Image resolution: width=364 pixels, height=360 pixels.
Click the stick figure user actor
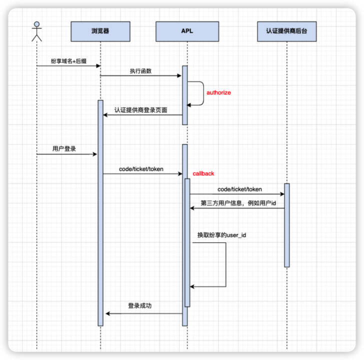pyautogui.click(x=36, y=31)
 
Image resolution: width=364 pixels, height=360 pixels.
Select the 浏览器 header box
pyautogui.click(x=100, y=31)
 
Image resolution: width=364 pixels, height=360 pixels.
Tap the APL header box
pyautogui.click(x=187, y=31)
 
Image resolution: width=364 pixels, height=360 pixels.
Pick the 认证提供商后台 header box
pyautogui.click(x=287, y=31)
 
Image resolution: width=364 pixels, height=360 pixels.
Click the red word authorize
pyautogui.click(x=218, y=92)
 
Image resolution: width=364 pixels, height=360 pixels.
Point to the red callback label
pyautogui.click(x=203, y=173)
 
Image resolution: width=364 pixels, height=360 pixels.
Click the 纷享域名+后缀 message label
pyautogui.click(x=68, y=60)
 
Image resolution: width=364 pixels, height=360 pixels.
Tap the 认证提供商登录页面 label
pyautogui.click(x=141, y=110)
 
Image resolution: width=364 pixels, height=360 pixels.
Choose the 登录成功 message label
pyautogui.click(x=139, y=305)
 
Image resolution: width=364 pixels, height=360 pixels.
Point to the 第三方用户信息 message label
pyautogui.click(x=238, y=203)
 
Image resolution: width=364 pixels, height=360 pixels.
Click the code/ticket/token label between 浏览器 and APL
pyautogui.click(x=141, y=169)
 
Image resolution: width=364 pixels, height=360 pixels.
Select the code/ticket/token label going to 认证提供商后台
pyautogui.click(x=239, y=189)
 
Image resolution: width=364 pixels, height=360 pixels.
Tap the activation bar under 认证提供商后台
pyautogui.click(x=287, y=225)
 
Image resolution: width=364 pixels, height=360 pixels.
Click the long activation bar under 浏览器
pyautogui.click(x=100, y=212)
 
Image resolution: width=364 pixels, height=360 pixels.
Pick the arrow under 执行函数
pyautogui.click(x=141, y=75)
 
